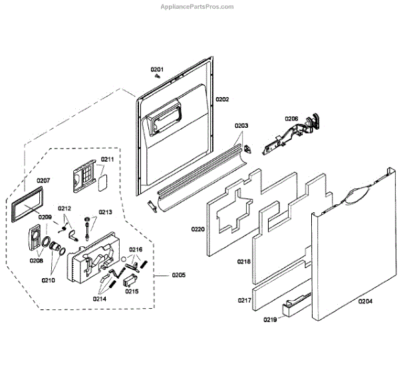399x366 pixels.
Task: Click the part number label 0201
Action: (x=156, y=69)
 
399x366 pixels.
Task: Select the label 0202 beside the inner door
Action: (x=221, y=99)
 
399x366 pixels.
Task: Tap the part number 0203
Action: (x=241, y=125)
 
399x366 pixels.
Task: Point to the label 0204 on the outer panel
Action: (x=365, y=301)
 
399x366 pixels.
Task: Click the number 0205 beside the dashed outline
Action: (x=178, y=275)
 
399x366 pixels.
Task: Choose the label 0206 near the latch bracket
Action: (x=291, y=118)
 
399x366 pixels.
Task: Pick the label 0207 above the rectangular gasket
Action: (x=43, y=180)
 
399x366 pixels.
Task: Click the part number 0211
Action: (x=108, y=159)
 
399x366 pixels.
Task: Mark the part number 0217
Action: (x=245, y=300)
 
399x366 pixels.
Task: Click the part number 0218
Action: (x=244, y=262)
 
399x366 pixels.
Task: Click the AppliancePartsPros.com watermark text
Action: (x=198, y=7)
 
